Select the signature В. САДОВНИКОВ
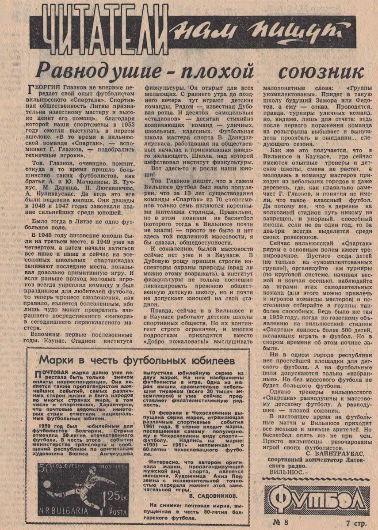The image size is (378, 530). point(210,496)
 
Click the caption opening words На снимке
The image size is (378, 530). point(164,504)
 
